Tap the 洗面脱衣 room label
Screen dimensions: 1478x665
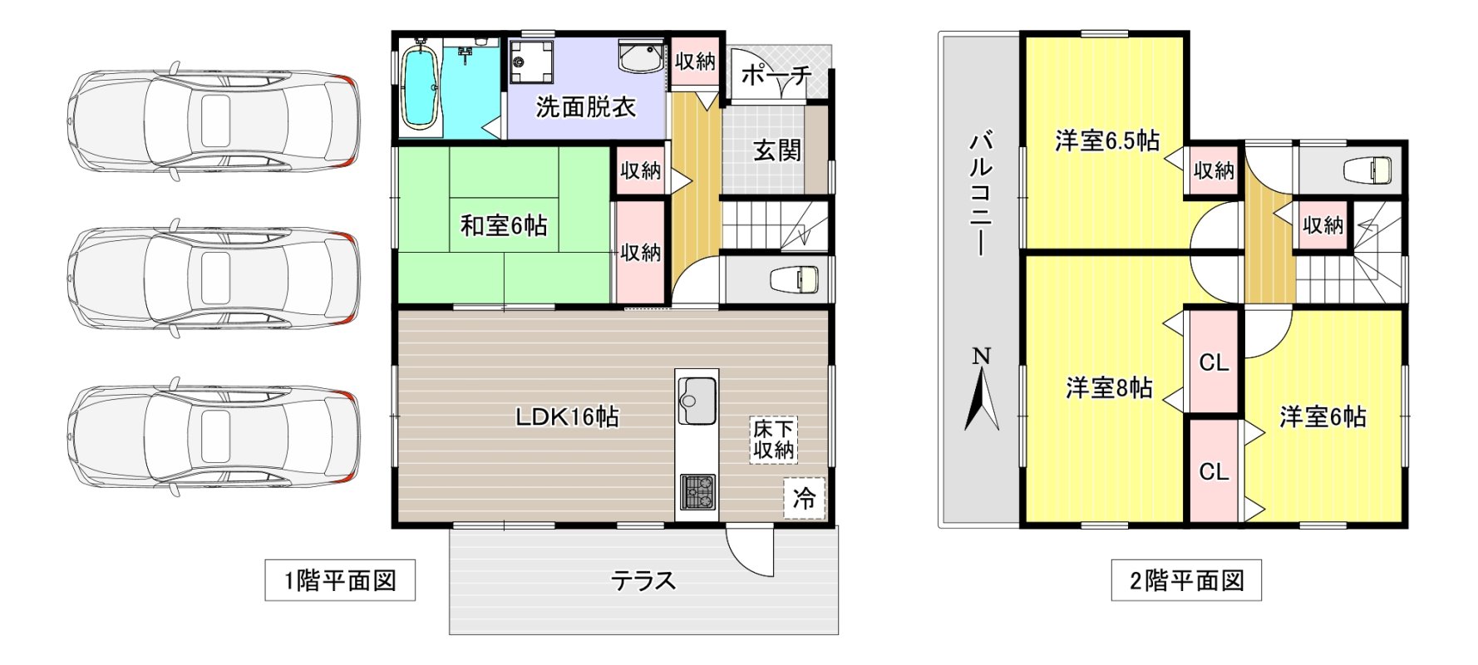coord(585,107)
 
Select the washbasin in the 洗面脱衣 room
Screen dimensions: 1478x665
coord(641,56)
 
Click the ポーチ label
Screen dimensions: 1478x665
coord(776,76)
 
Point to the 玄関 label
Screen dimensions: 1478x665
coord(777,150)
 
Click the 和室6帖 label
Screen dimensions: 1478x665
coord(504,225)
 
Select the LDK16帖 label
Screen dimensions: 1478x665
coord(568,416)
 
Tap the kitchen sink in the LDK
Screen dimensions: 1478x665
coord(697,397)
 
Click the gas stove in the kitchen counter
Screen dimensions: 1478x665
coord(697,491)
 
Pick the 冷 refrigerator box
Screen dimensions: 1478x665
coord(804,498)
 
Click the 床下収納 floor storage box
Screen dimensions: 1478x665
coord(774,440)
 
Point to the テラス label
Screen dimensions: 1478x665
coord(643,580)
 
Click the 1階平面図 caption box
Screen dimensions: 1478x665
coord(340,580)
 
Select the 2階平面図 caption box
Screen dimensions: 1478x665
coord(1186,580)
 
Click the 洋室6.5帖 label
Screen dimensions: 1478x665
coord(1107,140)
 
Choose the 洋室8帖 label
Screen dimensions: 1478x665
coord(1109,387)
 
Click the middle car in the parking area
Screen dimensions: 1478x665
coord(214,277)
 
